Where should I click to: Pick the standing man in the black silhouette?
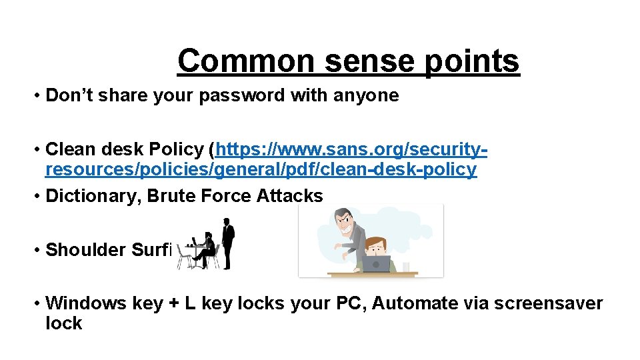pos(227,243)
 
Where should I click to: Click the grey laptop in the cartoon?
pos(376,264)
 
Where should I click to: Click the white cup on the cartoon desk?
pos(406,267)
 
